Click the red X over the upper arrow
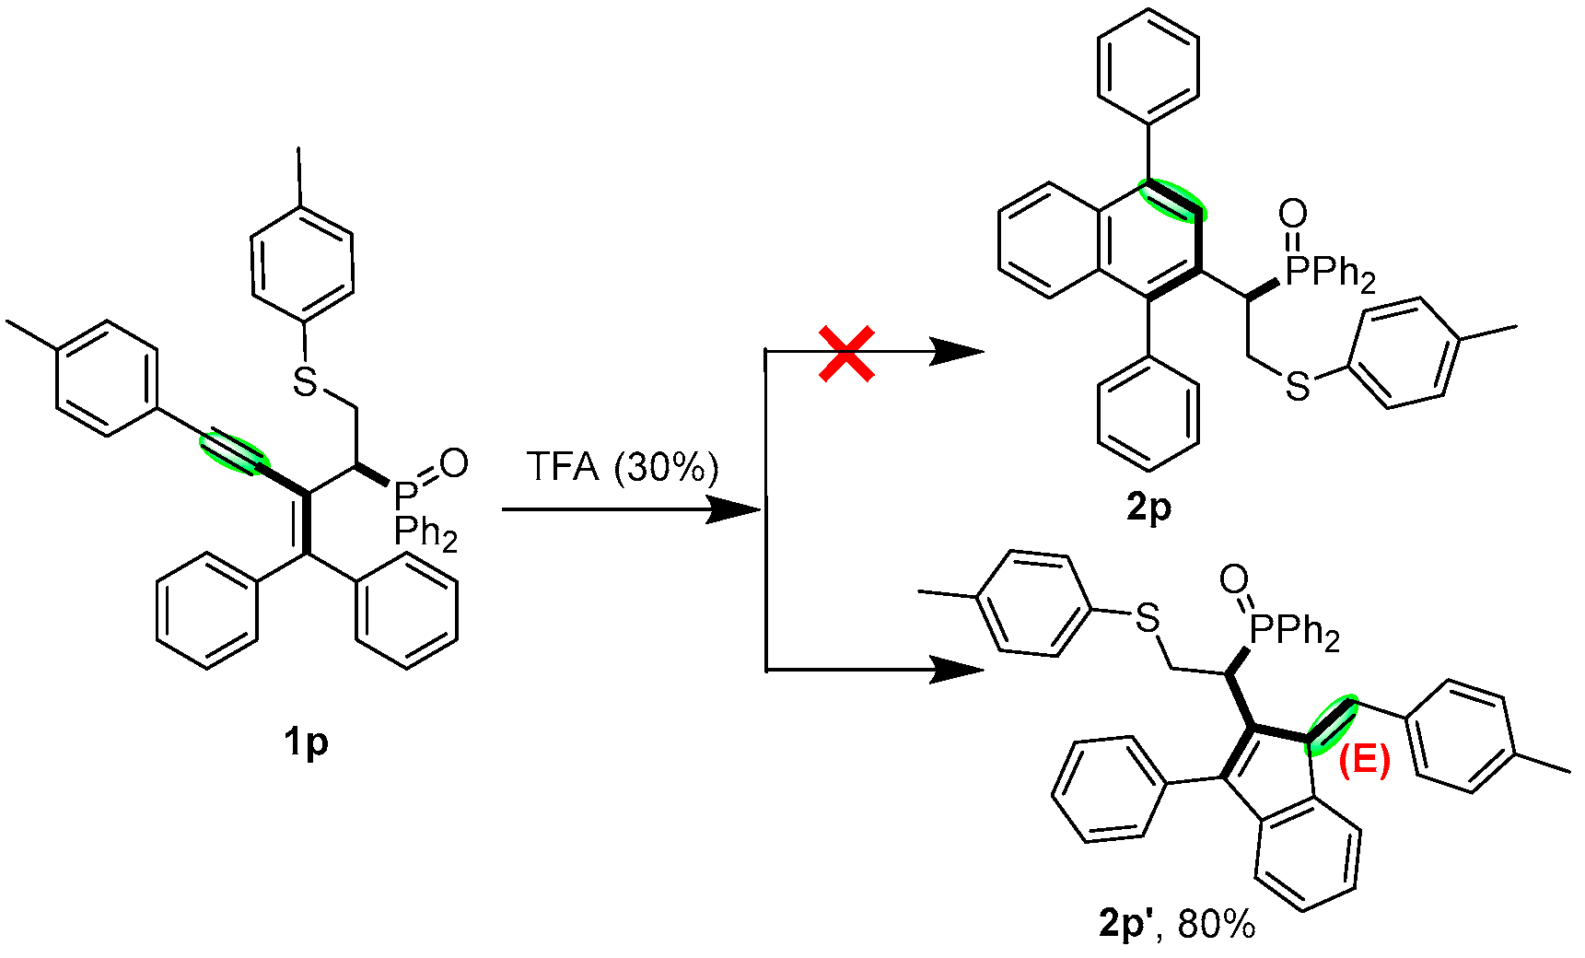pos(846,355)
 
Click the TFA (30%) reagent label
pos(622,467)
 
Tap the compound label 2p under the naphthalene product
pos(1148,507)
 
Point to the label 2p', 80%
pos(1176,923)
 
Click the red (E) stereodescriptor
pos(1364,761)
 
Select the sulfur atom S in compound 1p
pos(305,380)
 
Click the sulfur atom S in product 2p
pos(1298,388)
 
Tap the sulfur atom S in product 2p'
pos(1148,618)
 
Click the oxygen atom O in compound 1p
pos(453,463)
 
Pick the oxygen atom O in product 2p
pos(1293,215)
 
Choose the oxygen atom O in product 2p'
pos(1234,579)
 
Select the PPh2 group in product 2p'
pos(1295,632)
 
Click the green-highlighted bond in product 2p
pos(1172,200)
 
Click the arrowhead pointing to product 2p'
pos(958,670)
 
